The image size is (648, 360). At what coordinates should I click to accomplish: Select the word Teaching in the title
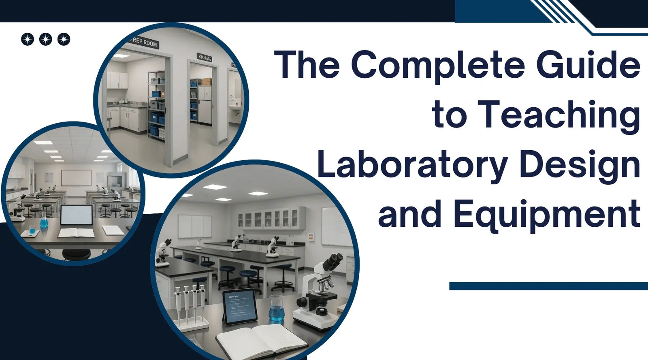tap(558, 115)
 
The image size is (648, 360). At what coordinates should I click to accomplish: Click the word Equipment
tap(547, 215)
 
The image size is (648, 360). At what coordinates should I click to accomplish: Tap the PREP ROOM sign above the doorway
tap(144, 42)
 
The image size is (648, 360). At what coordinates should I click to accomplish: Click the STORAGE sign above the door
tap(205, 58)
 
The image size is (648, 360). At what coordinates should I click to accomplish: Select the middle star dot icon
tap(45, 39)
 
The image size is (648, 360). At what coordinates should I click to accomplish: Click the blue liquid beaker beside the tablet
tap(277, 310)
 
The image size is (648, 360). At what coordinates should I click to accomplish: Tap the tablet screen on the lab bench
tap(240, 306)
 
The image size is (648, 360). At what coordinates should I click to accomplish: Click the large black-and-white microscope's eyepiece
tap(335, 261)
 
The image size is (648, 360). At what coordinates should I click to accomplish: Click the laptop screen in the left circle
tap(76, 215)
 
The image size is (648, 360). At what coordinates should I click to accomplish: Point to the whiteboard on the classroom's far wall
tap(76, 178)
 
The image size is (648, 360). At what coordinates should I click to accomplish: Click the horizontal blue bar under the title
tap(548, 286)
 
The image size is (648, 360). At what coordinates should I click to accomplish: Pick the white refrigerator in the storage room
tap(205, 104)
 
